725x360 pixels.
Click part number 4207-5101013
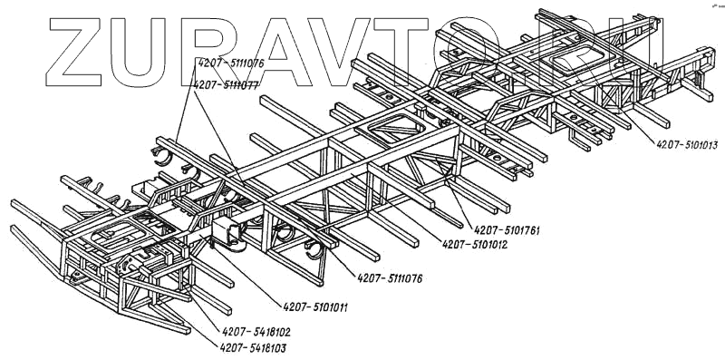tap(687, 145)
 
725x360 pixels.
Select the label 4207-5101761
tap(507, 230)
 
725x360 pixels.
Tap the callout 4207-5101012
tap(475, 244)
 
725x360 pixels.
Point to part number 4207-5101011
tap(315, 307)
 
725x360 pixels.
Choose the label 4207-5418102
tap(256, 332)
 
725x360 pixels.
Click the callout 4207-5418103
tap(253, 348)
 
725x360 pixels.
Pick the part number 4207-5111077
tap(226, 85)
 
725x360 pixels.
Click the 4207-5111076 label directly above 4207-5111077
tap(231, 63)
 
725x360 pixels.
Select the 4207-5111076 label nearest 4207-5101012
tap(390, 278)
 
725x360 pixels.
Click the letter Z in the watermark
tap(74, 52)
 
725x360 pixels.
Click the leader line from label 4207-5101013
tap(616, 101)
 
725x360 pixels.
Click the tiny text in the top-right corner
tap(718, 6)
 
